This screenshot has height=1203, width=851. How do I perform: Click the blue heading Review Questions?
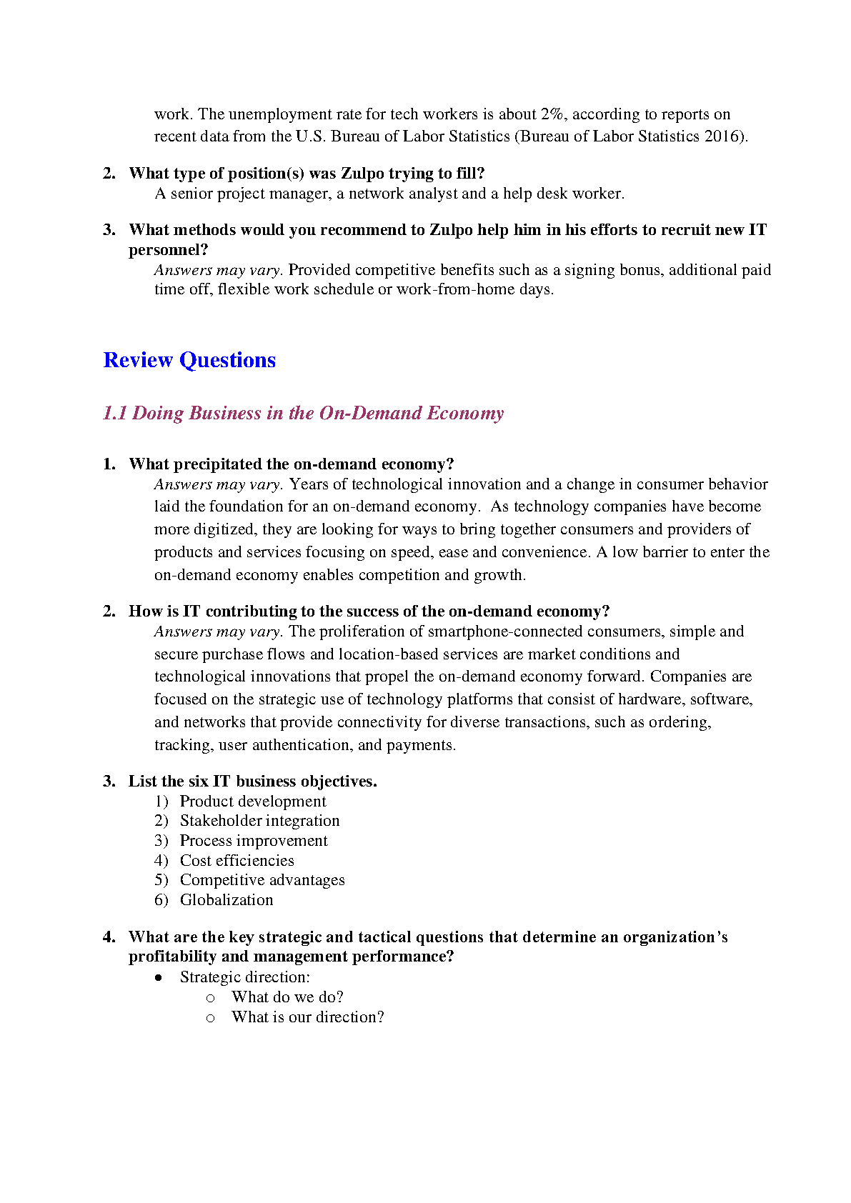coord(189,360)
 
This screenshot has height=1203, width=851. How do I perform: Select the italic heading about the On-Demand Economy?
coord(303,414)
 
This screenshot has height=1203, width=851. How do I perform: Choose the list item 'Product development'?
coord(253,802)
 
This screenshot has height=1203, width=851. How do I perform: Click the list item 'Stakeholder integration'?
coord(259,821)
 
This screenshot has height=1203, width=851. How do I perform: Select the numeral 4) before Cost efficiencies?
coord(161,861)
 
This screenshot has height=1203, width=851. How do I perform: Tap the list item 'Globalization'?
coord(227,900)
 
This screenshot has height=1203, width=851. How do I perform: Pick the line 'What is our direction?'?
coord(307,1017)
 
